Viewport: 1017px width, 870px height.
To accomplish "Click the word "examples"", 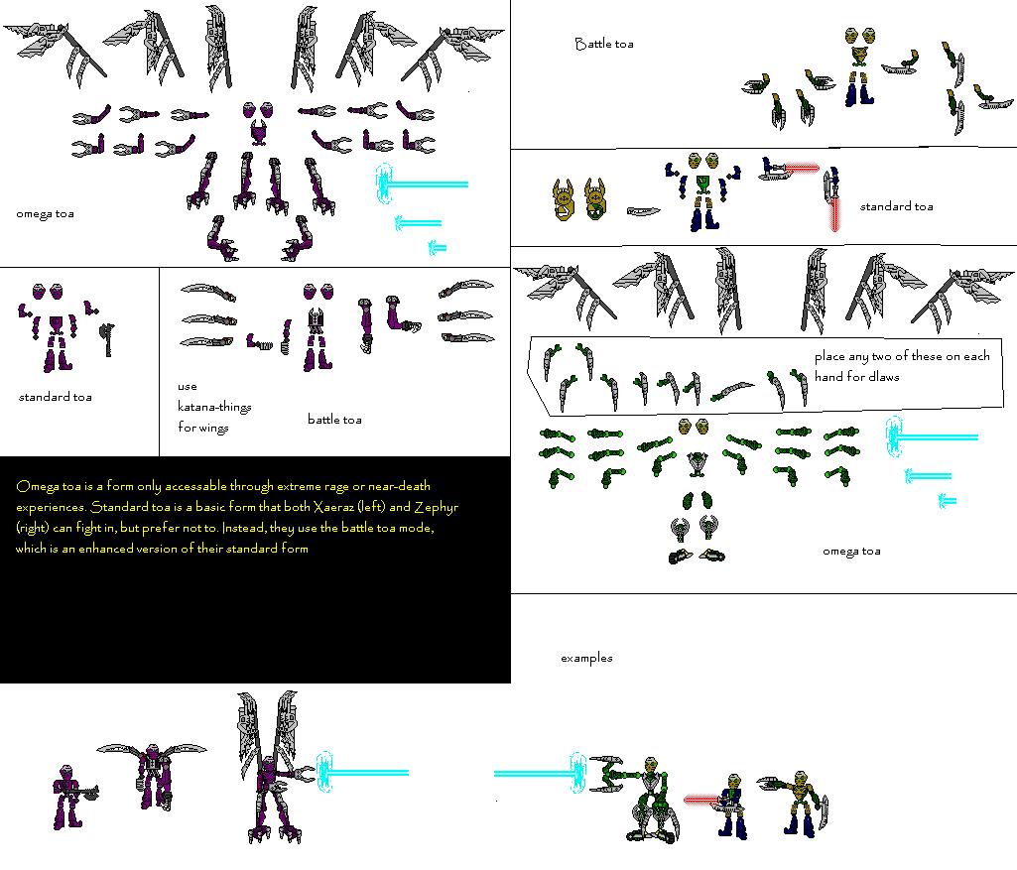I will click(x=586, y=658).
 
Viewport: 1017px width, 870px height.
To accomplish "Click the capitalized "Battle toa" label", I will click(x=603, y=44).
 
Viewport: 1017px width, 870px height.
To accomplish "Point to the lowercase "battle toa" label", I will click(x=334, y=420).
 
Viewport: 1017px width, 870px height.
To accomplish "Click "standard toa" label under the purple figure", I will click(x=56, y=397).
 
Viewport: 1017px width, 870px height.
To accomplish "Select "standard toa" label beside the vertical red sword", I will click(x=896, y=206).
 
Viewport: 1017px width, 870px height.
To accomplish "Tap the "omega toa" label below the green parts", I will click(x=851, y=552).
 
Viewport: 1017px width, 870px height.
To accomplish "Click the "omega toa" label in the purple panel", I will click(x=45, y=213).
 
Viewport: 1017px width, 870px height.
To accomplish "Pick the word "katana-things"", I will click(x=214, y=407).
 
